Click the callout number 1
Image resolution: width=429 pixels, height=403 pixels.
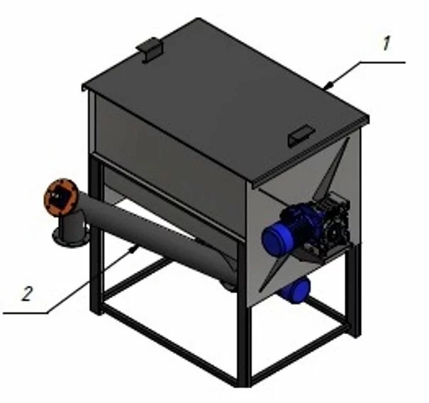[386, 43]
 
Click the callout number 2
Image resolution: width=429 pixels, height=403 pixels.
[28, 294]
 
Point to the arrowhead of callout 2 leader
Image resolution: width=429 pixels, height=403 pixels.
[133, 249]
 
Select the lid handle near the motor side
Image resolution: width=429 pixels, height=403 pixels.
[301, 136]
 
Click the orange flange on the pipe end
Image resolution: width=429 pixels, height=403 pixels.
[61, 197]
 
